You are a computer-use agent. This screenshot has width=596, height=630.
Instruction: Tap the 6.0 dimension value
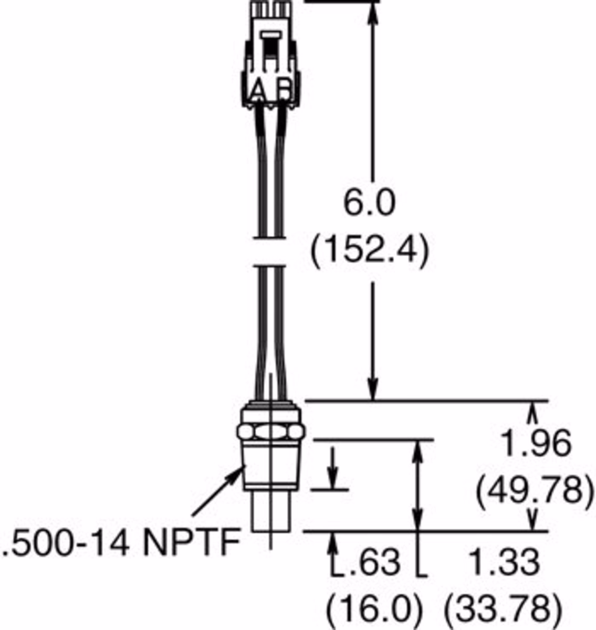[x=369, y=203]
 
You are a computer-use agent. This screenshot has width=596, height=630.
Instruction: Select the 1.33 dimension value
[x=506, y=562]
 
